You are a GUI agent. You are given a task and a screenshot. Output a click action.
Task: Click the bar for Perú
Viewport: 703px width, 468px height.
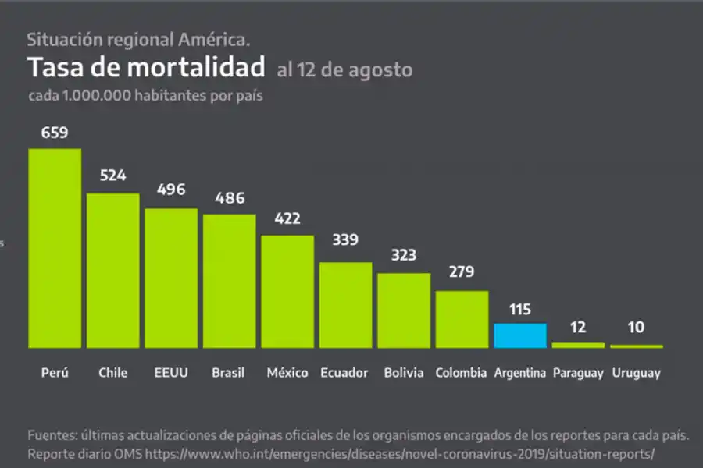55,248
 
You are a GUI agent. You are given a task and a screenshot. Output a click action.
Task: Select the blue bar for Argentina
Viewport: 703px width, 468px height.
519,335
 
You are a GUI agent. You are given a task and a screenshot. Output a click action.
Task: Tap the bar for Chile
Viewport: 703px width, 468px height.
112,270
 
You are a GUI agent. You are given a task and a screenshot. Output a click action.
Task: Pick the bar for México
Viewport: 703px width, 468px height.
287,291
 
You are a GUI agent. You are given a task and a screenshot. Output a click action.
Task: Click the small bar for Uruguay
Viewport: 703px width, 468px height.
636,346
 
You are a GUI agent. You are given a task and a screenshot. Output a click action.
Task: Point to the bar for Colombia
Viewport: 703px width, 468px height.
462,319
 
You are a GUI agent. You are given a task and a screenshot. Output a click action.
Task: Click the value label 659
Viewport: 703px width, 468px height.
55,133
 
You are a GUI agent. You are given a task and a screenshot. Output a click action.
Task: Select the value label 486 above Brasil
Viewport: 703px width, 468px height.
229,199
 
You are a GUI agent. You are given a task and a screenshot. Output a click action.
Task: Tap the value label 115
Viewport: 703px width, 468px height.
519,309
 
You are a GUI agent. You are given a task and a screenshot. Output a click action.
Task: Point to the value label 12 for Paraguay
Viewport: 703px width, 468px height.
578,328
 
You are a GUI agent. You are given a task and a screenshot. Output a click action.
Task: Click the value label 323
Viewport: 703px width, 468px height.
404,255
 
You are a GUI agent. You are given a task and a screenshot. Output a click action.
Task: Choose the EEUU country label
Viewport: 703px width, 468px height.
170,373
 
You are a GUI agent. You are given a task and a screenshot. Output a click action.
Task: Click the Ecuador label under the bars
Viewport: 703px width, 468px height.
344,373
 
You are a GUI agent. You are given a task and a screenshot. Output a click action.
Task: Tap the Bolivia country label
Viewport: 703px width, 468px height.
404,373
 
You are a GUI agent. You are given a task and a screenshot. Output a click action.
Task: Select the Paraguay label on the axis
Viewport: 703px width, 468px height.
578,373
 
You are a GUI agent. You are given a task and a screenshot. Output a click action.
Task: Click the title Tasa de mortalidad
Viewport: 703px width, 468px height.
146,68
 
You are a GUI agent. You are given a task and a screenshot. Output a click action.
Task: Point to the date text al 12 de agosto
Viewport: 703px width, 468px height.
344,69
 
